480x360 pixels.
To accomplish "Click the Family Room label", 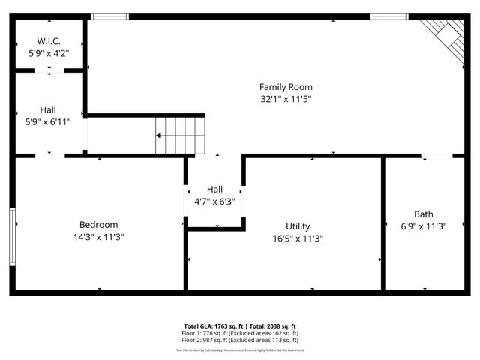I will pos(286,87).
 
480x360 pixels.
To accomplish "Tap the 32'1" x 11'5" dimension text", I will pos(286,98).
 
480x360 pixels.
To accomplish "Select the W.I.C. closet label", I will pos(49,41).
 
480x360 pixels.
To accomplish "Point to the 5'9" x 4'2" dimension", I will pos(49,53).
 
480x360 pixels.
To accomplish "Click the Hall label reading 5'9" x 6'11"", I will pos(48,109).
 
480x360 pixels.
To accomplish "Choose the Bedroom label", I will pos(98,224).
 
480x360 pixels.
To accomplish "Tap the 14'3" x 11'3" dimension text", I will pos(98,236).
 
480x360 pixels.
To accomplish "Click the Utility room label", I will pos(298,226).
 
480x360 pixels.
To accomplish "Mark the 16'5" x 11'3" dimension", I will pos(298,238).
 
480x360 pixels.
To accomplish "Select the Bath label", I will pos(424,214).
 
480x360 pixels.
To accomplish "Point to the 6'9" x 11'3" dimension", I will pos(424,226).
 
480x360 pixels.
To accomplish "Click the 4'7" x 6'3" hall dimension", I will pos(215,201).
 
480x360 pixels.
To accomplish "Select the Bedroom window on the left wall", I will pos(12,235).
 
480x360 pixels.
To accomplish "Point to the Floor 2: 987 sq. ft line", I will pos(240,340).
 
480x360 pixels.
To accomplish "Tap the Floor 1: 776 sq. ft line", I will pos(240,333).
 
